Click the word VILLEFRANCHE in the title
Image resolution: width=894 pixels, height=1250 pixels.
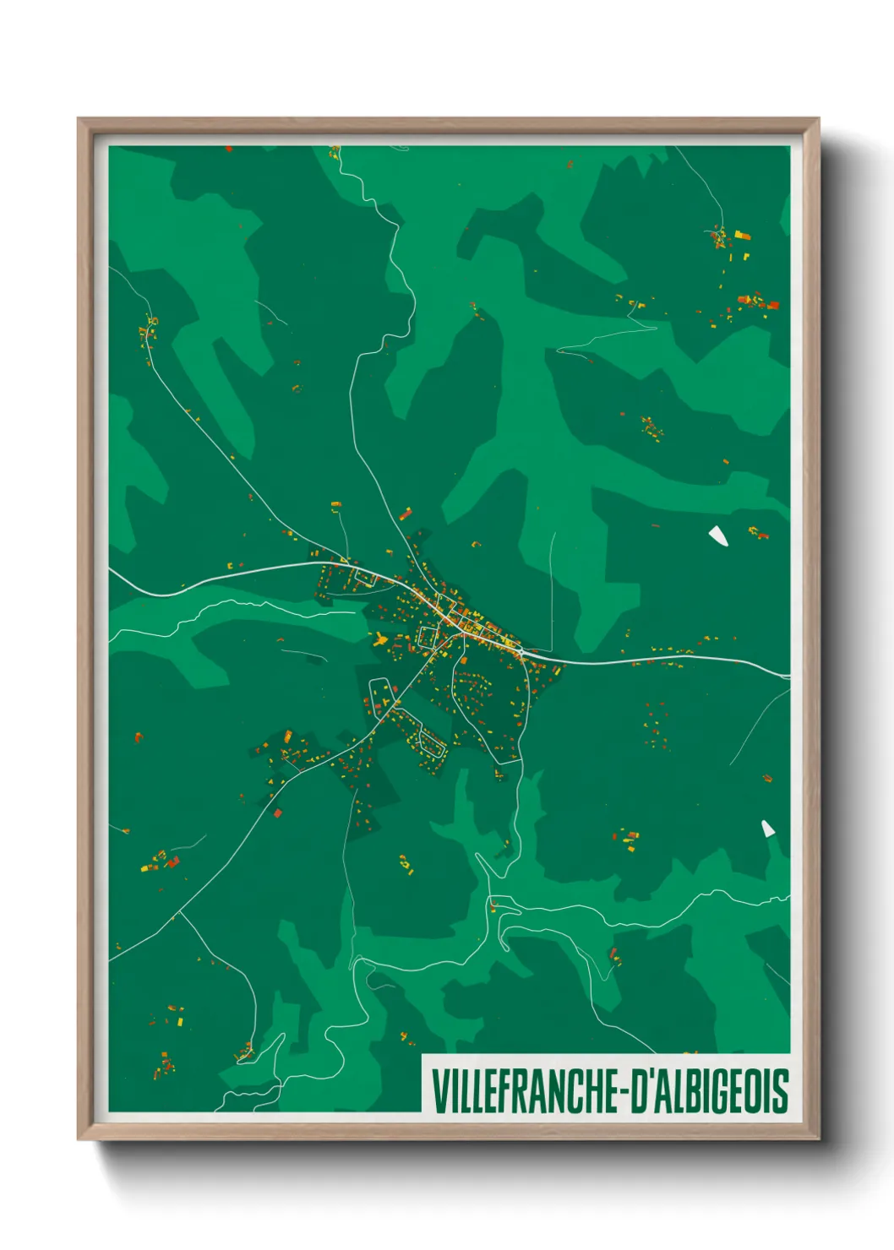(x=525, y=1090)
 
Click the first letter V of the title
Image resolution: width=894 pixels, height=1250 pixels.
(x=439, y=1090)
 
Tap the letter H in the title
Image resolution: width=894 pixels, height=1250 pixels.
(x=591, y=1090)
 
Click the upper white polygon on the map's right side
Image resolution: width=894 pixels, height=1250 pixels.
(x=718, y=535)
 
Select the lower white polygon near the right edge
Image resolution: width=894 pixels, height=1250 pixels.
(x=768, y=829)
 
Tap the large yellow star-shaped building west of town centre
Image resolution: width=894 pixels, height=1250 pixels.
(x=379, y=638)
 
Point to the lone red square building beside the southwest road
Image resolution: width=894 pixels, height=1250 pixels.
(x=278, y=813)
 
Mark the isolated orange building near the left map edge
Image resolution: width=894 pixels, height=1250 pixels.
(x=139, y=737)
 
